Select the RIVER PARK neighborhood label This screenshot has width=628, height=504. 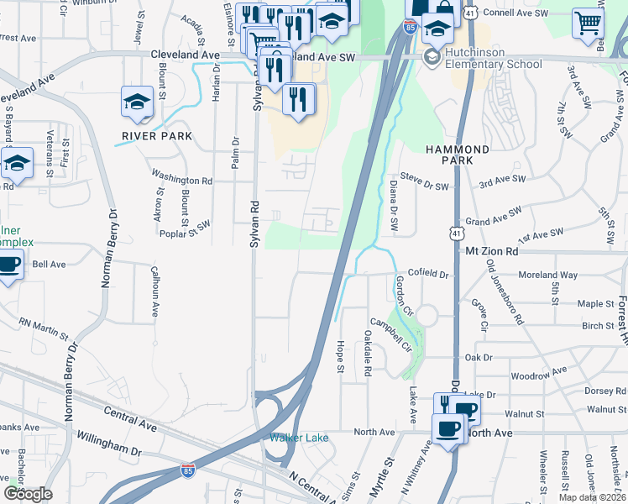pos(157,135)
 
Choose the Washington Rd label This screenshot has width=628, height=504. pos(181,180)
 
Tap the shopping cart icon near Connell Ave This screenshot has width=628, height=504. pos(588,24)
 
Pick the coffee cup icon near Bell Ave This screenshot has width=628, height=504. pos(9,266)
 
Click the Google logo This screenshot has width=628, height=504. pos(28,494)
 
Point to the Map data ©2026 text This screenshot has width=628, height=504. pos(591,497)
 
